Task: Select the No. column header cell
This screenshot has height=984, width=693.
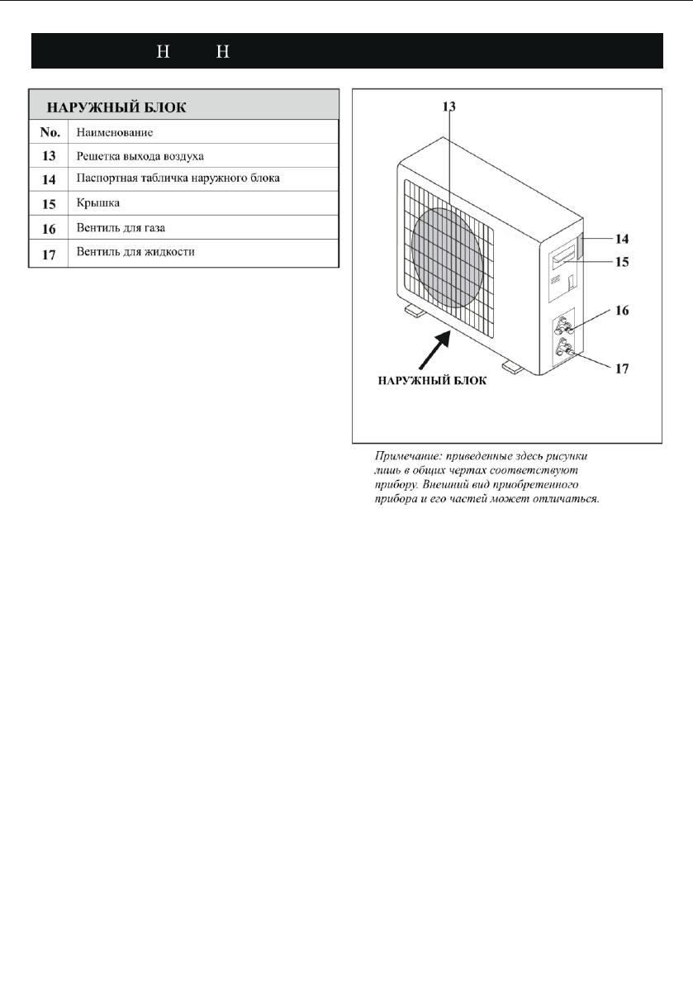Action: pyautogui.click(x=49, y=131)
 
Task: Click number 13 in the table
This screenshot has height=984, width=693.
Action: pyautogui.click(x=49, y=154)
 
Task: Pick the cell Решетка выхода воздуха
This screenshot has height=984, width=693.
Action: pyautogui.click(x=139, y=154)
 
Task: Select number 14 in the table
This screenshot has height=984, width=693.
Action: pyautogui.click(x=49, y=178)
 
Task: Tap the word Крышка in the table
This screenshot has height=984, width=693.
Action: pyautogui.click(x=98, y=202)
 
